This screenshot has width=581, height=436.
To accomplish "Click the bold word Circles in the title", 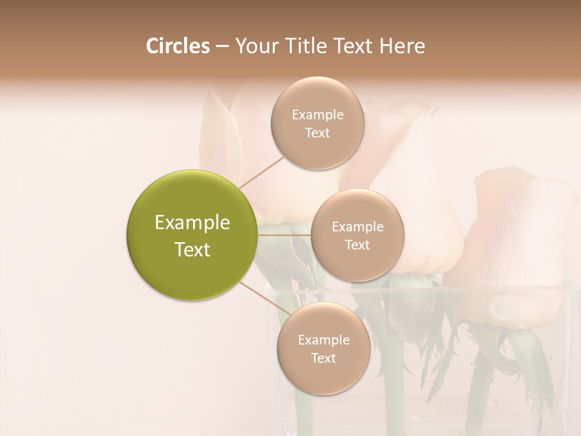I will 177,46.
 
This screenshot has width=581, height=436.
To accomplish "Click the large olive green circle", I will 192,235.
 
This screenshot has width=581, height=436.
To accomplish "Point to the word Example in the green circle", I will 192,223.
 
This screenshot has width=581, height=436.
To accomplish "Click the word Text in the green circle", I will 192,249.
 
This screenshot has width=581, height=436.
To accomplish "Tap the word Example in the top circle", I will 317,115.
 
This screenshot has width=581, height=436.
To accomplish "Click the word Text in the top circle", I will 317,133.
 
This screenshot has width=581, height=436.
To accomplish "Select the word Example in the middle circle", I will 357,227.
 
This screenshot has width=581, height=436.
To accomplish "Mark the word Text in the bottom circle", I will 323,358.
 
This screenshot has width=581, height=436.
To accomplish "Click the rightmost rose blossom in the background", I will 520,242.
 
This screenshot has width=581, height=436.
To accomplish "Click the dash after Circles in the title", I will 222,47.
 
